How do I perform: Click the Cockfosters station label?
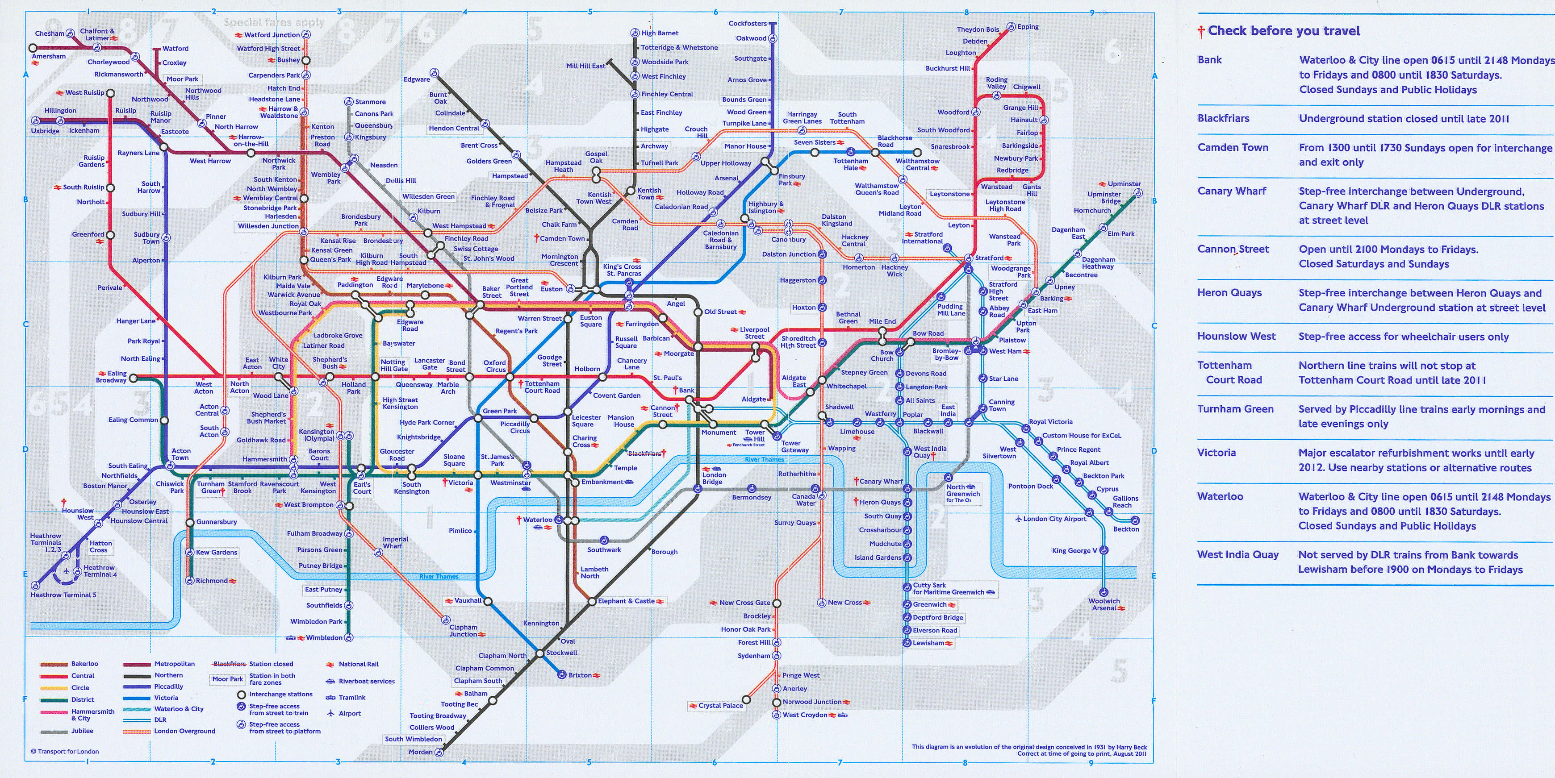coord(747,24)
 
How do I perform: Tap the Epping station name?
coord(1028,26)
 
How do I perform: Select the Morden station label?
coord(420,752)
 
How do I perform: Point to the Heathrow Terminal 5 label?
coord(63,595)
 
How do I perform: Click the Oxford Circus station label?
coord(494,366)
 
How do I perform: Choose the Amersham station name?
coord(49,56)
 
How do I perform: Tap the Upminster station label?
coord(1124,183)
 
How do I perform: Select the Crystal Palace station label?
coord(720,705)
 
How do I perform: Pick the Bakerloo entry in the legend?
coord(84,664)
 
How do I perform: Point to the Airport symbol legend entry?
coord(350,713)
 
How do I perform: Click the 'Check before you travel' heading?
coord(1283,31)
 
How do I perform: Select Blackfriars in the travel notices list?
coord(1223,118)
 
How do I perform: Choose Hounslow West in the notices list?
coord(1236,336)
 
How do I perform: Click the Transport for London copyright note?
coord(65,752)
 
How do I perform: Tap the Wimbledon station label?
coord(324,637)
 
